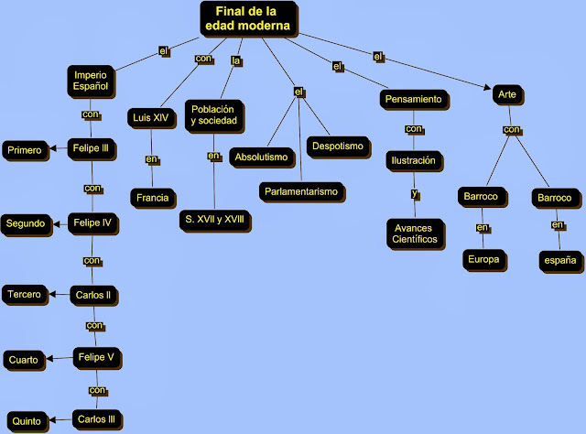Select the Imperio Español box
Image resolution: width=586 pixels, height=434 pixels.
tap(92, 81)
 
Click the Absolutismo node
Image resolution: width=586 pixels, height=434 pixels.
tap(261, 157)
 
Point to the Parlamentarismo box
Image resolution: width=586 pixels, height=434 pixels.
tap(300, 191)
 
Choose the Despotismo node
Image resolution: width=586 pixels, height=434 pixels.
tap(338, 146)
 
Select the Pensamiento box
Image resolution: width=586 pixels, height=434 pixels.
tap(413, 98)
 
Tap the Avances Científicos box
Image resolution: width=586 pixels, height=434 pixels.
tap(415, 232)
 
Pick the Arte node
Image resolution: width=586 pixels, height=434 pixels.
tap(505, 94)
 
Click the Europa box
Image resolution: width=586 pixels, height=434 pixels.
tap(483, 259)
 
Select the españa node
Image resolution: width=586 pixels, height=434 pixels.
tap(558, 260)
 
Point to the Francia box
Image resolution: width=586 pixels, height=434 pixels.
tap(152, 197)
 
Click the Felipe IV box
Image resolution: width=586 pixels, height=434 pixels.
tap(93, 222)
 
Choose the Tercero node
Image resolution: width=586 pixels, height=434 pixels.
tap(25, 294)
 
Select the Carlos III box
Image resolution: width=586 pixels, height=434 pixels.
tap(96, 419)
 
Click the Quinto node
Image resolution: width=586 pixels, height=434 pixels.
tap(24, 421)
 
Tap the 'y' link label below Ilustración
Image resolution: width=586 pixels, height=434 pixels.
tap(414, 194)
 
